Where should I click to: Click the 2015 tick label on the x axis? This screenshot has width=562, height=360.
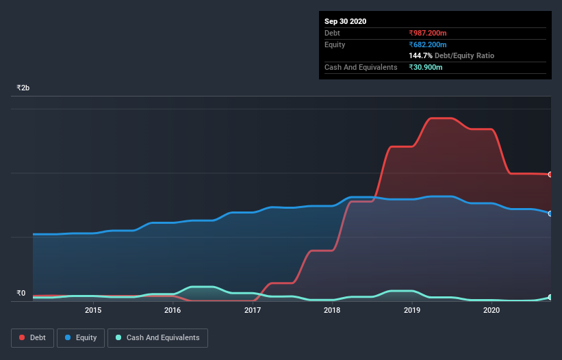pos(93,310)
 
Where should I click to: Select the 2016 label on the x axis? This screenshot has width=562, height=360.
pos(173,310)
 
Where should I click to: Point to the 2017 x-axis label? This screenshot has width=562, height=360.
pos(253,310)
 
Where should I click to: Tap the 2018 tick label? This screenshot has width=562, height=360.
pos(332,310)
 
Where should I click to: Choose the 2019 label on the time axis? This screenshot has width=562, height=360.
pos(412,310)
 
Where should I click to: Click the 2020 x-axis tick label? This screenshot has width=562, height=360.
pos(491,310)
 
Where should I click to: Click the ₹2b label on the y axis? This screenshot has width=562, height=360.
pos(23,88)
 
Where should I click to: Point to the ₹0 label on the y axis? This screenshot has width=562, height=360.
pos(21,293)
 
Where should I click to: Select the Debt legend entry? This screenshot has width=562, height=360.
pos(33,337)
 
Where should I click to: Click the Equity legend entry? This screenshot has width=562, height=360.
pos(81,337)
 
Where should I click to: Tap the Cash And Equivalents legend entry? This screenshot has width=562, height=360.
pos(157,337)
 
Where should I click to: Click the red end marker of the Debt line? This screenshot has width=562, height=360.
pos(550,175)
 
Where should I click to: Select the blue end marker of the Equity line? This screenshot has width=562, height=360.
pos(550,214)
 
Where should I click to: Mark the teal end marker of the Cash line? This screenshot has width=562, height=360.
pos(550,298)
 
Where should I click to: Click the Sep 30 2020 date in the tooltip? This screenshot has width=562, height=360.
pos(345,21)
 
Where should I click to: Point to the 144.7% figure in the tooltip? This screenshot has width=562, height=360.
pos(420,55)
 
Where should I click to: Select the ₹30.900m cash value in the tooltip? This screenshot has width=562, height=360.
pos(426,67)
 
